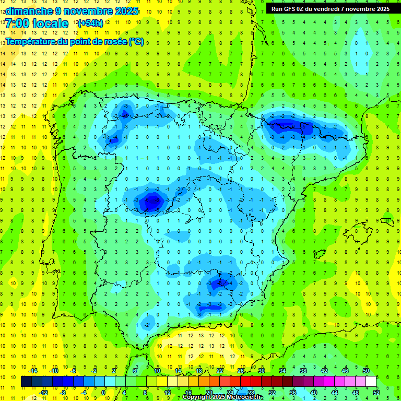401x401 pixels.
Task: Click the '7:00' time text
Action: tap(17, 23)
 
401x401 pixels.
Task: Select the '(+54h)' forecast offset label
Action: tap(90, 23)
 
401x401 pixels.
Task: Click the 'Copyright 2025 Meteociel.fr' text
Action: tap(222, 397)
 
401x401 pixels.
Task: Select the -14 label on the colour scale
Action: tap(32, 371)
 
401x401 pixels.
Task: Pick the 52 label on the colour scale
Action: tap(376, 392)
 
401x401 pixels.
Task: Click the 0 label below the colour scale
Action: tap(103, 392)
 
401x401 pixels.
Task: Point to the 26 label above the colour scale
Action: tap(241, 371)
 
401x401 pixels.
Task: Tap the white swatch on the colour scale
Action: tap(371, 382)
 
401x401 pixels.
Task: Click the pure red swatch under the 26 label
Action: tap(246, 382)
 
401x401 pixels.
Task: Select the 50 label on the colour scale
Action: tap(366, 371)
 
